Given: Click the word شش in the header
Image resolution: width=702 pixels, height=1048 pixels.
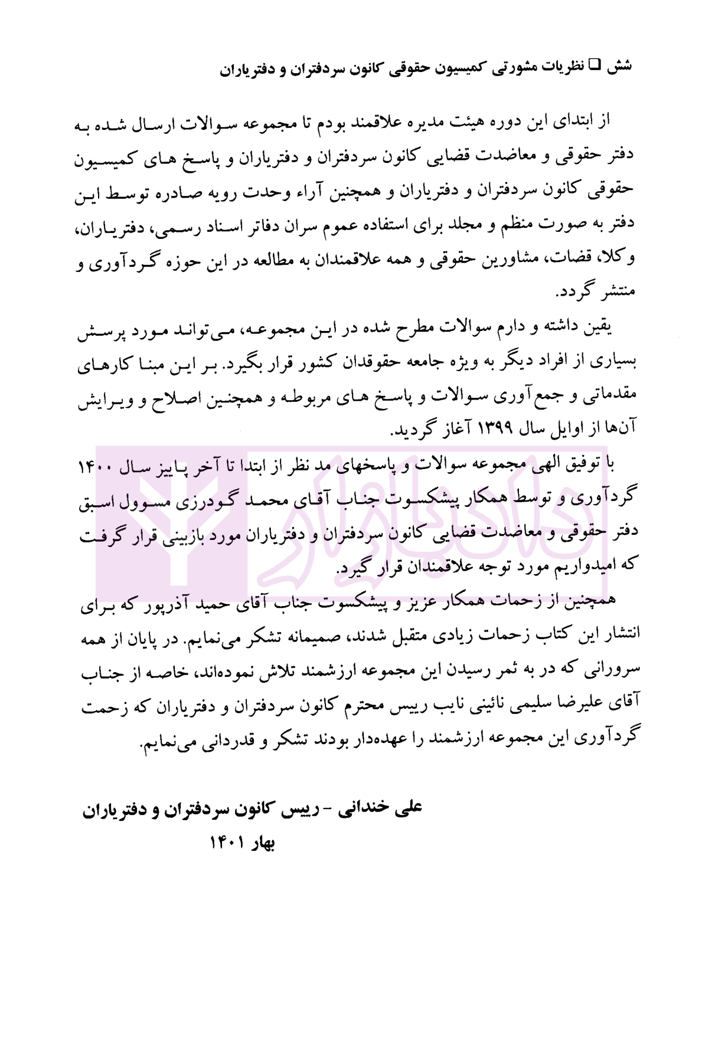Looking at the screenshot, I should pyautogui.click(x=620, y=65).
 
